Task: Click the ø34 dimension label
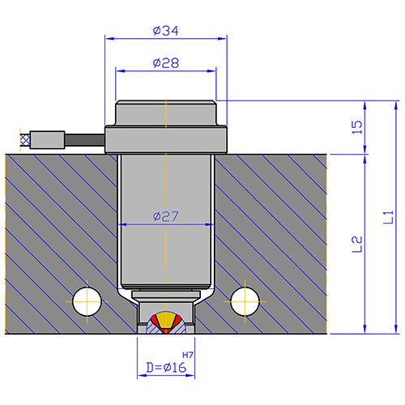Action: (x=165, y=31)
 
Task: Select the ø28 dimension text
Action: (x=166, y=63)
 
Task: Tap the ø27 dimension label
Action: (x=165, y=216)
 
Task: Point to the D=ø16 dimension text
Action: (x=166, y=368)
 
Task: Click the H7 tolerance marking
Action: (x=188, y=355)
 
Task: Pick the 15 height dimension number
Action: (x=357, y=127)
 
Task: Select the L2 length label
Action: (x=357, y=245)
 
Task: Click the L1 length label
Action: (x=388, y=217)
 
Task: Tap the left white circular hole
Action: (x=87, y=301)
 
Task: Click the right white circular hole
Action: (x=245, y=301)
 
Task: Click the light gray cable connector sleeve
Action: (x=47, y=140)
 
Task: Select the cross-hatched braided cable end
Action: (x=25, y=140)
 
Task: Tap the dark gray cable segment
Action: (x=85, y=140)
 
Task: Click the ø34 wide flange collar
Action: (x=166, y=140)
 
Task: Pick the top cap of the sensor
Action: (x=166, y=113)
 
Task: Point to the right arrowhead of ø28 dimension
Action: (x=211, y=71)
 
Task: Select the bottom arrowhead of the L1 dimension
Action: (x=396, y=329)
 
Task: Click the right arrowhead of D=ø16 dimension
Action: (x=190, y=376)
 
